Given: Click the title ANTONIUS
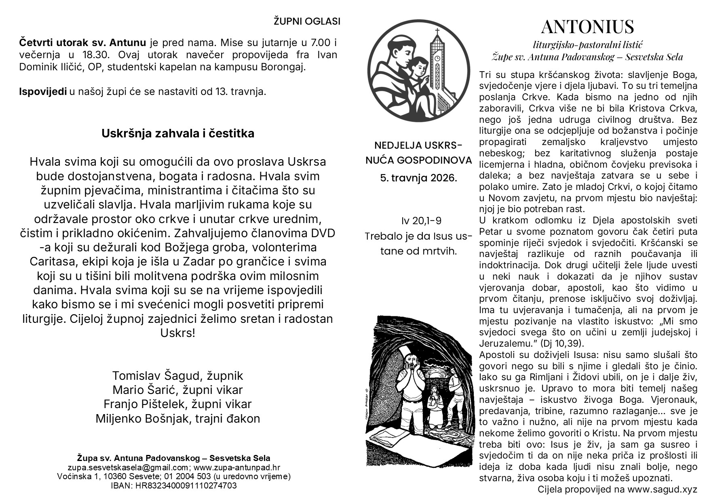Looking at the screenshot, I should tap(587, 27).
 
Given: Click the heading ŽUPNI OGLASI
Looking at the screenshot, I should tap(307, 21).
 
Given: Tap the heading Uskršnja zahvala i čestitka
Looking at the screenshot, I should tap(178, 134).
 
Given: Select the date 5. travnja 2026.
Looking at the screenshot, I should tap(418, 178).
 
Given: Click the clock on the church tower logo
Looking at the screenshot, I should tap(437, 58).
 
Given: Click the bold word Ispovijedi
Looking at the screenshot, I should tap(43, 92).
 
